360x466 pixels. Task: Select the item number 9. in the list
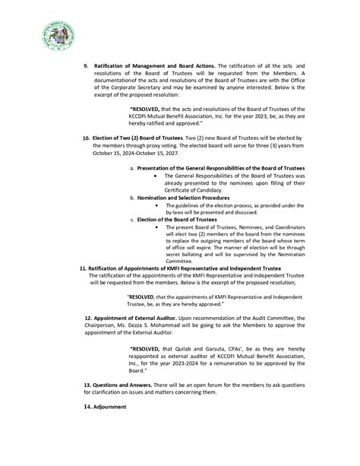click(86, 66)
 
